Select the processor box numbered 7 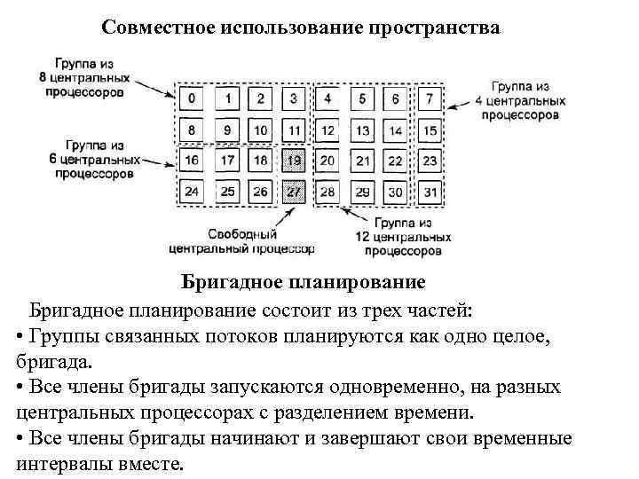430,98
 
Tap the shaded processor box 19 296,161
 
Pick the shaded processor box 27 296,192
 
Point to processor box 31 430,192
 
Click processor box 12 328,130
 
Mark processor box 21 362,161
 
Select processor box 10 261,130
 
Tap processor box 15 430,130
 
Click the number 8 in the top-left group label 43,78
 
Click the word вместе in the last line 148,464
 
